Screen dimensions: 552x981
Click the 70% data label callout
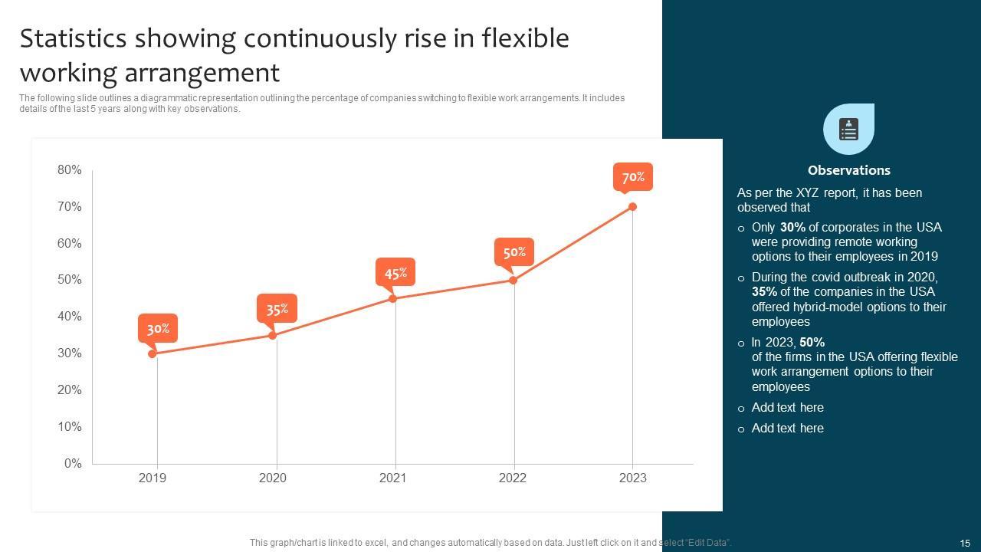(633, 177)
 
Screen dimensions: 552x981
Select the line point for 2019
(153, 353)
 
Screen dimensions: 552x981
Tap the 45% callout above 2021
(395, 273)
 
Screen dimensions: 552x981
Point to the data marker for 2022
(513, 280)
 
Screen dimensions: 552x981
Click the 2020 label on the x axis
(273, 478)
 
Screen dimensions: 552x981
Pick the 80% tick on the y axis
(70, 170)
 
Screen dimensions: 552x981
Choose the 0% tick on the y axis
(73, 463)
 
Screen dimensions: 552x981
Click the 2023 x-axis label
(632, 478)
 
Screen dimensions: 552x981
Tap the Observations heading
(848, 170)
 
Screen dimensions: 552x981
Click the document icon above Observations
(848, 130)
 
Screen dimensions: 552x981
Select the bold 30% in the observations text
(792, 227)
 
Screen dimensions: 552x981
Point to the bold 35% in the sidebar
(764, 291)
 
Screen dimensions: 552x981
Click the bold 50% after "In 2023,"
(812, 342)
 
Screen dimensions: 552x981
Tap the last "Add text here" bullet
(787, 428)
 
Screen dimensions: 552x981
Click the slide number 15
(965, 543)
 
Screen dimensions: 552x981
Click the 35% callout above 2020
(277, 309)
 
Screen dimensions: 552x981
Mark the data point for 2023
(632, 206)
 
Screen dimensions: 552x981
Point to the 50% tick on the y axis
(70, 280)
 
